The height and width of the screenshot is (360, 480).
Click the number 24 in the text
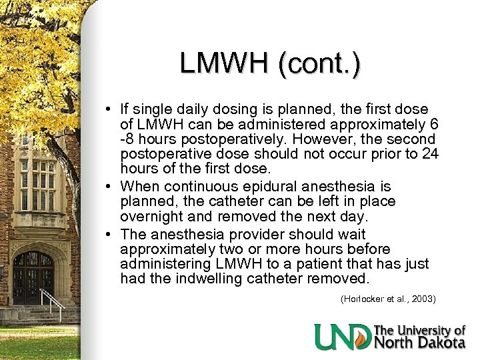point(430,155)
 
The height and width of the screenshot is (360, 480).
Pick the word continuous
point(200,186)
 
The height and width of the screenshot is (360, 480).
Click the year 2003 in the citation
point(423,299)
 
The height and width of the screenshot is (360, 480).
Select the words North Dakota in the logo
point(421,343)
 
